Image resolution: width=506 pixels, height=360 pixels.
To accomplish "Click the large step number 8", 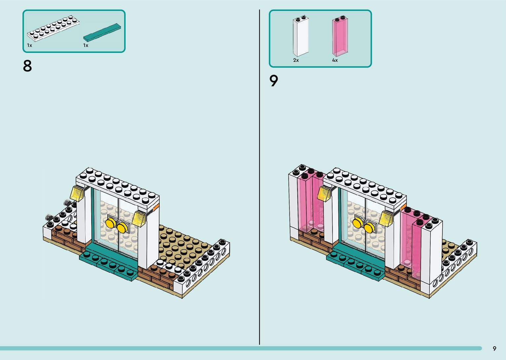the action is point(27,66).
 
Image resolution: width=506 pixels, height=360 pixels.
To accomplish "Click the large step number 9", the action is point(274,81).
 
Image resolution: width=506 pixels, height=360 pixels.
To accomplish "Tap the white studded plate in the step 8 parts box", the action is point(53,28).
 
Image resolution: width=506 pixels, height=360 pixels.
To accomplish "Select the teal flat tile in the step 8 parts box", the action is point(102,32).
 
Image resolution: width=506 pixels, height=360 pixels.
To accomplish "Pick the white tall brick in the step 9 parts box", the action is point(301,36).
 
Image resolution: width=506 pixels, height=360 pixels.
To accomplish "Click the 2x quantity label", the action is point(296,60).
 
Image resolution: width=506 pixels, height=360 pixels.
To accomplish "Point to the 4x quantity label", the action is point(335,60).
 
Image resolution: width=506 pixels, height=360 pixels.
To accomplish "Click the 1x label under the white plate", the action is point(30,45).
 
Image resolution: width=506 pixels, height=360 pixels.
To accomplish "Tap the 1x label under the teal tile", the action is point(86,45).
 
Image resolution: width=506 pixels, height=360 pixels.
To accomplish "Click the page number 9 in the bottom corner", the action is point(494,348).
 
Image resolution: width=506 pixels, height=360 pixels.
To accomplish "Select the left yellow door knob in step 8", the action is point(111,223).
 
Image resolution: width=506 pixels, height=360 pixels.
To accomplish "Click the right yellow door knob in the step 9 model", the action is point(370,228).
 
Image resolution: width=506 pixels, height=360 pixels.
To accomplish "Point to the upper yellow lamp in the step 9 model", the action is point(324,193).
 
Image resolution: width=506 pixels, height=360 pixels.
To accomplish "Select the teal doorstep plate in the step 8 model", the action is point(108,262).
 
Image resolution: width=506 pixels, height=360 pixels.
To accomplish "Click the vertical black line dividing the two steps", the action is point(259,177).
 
